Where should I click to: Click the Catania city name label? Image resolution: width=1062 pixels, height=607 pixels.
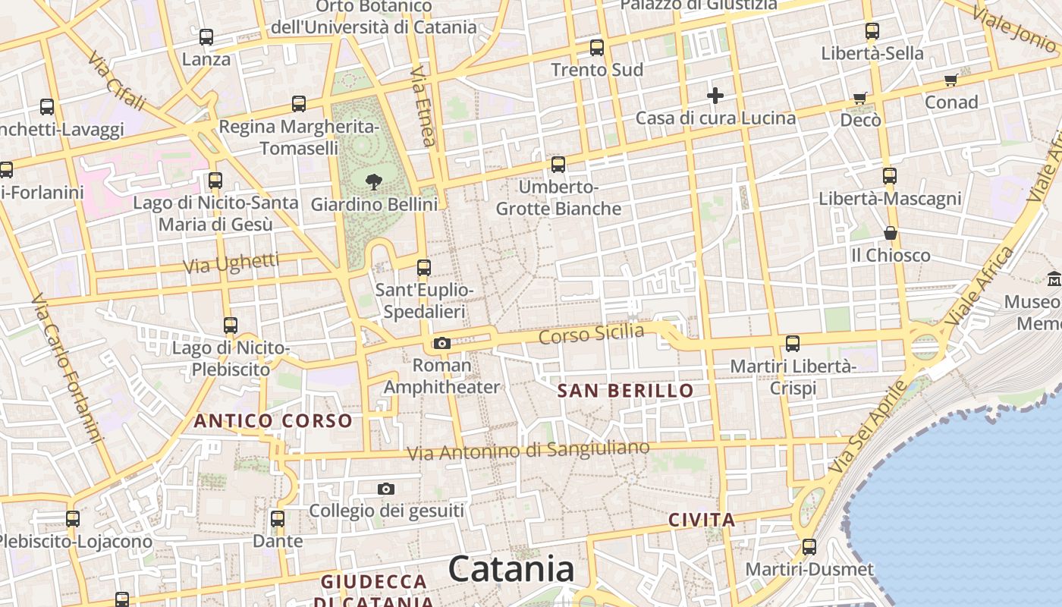tap(511, 569)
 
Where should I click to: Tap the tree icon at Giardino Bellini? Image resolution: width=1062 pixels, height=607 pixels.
tap(373, 182)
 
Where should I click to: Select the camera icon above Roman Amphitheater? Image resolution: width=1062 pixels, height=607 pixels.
tap(442, 344)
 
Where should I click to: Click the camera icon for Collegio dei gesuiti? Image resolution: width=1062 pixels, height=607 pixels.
tap(386, 489)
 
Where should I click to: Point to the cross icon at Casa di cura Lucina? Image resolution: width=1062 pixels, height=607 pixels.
tap(715, 96)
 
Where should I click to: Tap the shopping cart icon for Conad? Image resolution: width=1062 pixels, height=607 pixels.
tap(950, 80)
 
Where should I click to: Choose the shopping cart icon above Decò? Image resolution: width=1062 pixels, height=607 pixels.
tap(859, 98)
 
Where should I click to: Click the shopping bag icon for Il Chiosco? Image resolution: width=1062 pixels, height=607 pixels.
tap(891, 233)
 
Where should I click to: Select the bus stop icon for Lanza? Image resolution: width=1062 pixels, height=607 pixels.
tap(206, 36)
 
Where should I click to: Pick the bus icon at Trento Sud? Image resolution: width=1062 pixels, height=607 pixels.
tap(597, 47)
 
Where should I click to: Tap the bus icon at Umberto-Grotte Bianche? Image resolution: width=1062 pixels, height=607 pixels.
tap(558, 164)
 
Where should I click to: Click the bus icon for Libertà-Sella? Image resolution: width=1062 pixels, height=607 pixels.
tap(872, 31)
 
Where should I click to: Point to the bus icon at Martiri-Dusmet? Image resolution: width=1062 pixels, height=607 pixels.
tap(809, 547)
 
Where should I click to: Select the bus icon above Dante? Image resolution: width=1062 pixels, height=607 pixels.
tap(278, 519)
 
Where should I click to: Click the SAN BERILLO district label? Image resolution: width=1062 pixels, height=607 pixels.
tap(625, 391)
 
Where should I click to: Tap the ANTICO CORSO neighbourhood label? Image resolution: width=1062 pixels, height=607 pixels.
tap(273, 420)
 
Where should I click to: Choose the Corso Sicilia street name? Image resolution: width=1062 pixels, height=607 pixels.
tap(591, 333)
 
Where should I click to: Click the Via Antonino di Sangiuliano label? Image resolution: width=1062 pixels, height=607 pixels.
tap(528, 450)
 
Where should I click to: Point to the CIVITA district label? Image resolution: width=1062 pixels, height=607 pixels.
tap(702, 520)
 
